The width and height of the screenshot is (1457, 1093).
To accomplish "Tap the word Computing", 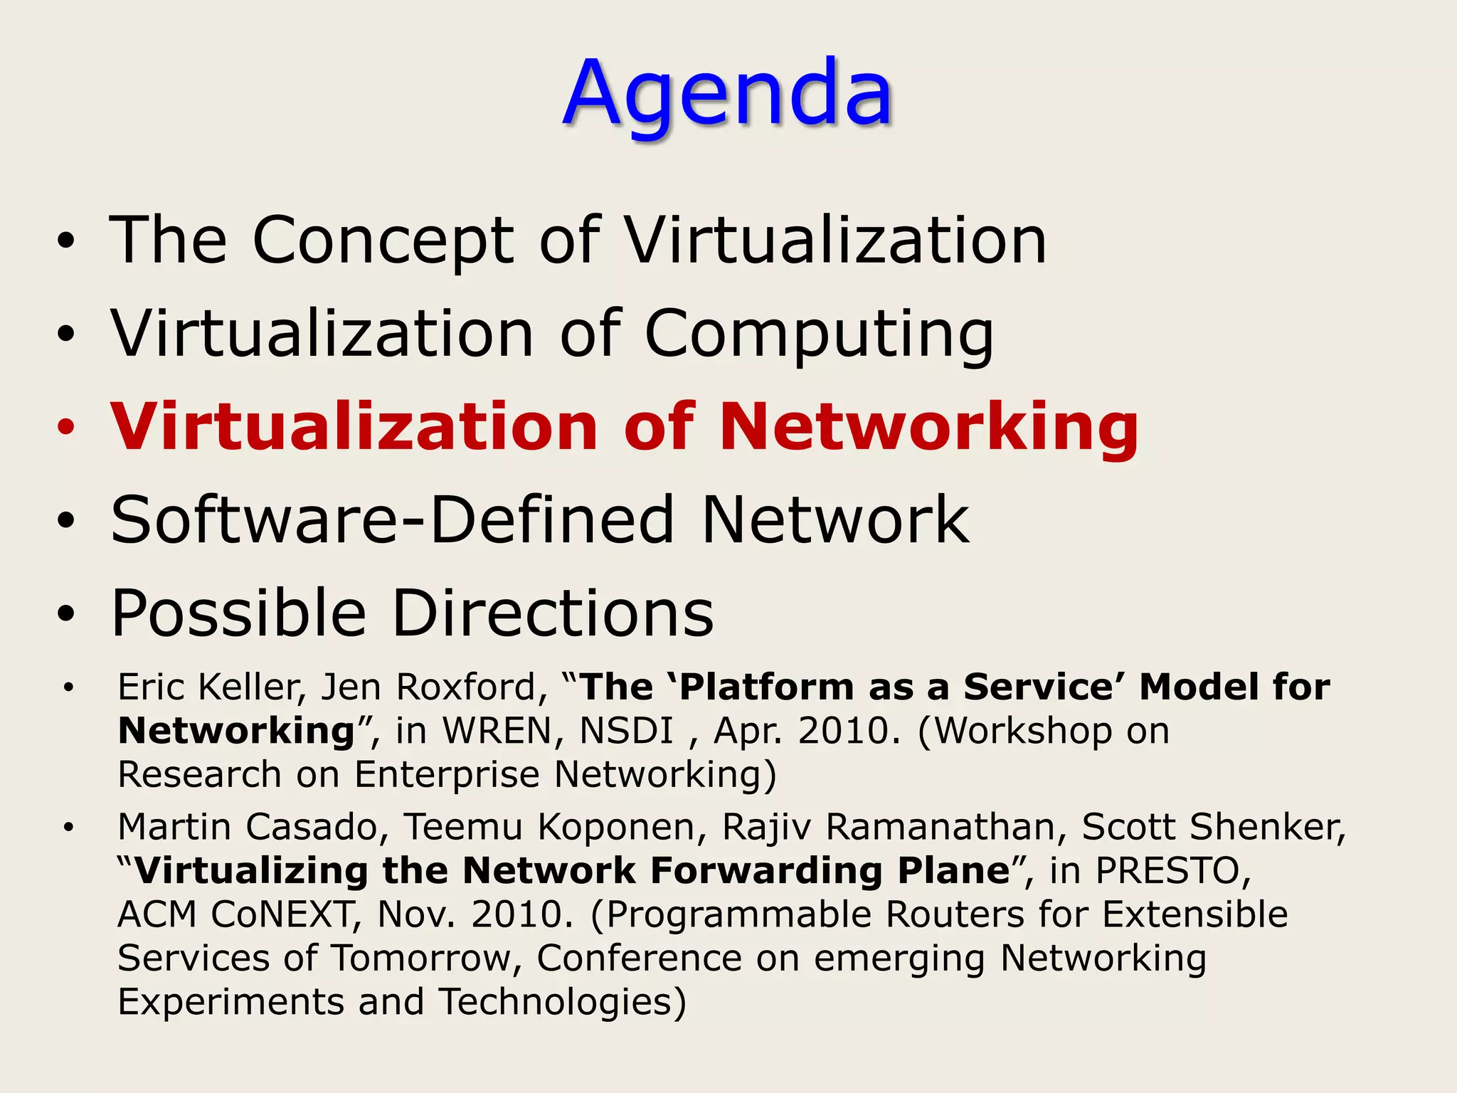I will [x=818, y=334].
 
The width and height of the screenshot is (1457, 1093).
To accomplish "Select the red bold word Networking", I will [x=929, y=427].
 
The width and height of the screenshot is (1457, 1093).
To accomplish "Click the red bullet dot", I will [x=66, y=428].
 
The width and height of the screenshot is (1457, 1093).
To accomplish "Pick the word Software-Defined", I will [x=392, y=520].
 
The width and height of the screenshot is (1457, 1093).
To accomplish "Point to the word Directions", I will [x=553, y=613].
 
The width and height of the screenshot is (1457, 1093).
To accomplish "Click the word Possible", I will [x=239, y=613].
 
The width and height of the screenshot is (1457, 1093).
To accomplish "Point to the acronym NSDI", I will [x=626, y=732].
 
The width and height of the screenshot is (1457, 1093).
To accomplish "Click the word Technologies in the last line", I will [x=561, y=1003].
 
